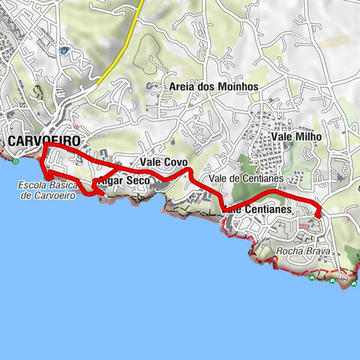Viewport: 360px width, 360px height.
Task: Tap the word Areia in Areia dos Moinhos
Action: [184, 87]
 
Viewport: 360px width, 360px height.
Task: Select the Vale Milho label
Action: [295, 137]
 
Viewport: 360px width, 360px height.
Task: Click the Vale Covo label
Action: [163, 161]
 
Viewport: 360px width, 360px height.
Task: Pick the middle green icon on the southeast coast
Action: [331, 280]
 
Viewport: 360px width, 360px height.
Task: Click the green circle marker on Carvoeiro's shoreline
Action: [14, 160]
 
